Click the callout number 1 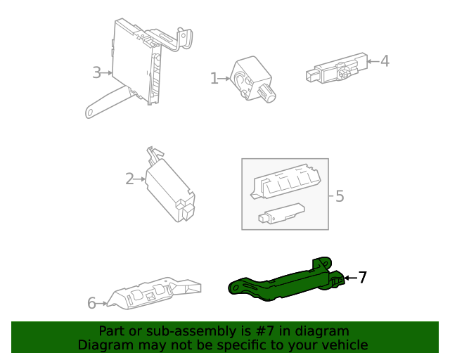tap(214, 78)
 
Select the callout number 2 tap(129, 179)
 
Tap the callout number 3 tap(96, 72)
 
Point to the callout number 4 tap(385, 61)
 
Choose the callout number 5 tap(340, 195)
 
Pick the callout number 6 tap(91, 303)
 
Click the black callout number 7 tap(363, 278)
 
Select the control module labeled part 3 tap(137, 63)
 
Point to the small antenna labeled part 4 tap(336, 70)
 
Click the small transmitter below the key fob tap(281, 213)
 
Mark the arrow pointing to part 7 tap(349, 278)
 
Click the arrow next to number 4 tap(373, 62)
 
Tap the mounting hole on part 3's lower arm tap(91, 110)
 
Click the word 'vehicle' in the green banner tap(344, 345)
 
